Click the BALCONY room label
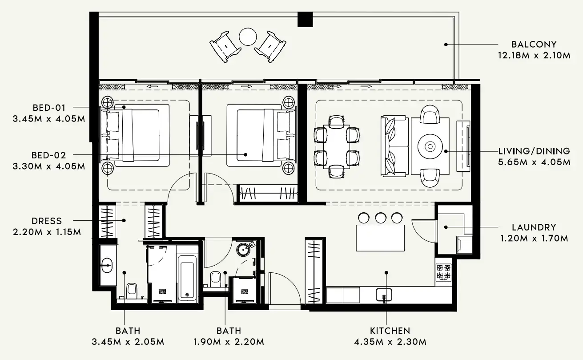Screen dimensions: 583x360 click(x=534, y=44)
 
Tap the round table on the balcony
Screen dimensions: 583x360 click(x=248, y=37)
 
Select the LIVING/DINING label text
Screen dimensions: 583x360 click(x=534, y=151)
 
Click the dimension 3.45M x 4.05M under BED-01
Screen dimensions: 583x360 click(x=49, y=119)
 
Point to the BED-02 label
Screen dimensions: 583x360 click(x=49, y=155)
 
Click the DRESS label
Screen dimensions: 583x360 click(x=47, y=221)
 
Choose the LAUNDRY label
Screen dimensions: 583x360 click(x=534, y=227)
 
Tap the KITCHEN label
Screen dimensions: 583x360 click(x=390, y=331)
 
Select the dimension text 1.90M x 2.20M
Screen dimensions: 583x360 click(x=229, y=342)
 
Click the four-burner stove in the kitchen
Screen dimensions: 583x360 click(x=443, y=272)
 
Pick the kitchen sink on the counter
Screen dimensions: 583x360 click(x=384, y=295)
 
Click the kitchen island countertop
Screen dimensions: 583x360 click(x=380, y=238)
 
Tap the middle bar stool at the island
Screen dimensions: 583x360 click(x=381, y=218)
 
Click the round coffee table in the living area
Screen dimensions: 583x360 click(x=430, y=146)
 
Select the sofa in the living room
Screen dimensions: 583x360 click(x=394, y=146)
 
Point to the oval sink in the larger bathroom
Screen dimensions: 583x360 click(x=107, y=266)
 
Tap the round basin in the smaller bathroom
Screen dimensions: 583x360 click(x=243, y=250)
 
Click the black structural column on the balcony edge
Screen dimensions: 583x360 click(x=305, y=19)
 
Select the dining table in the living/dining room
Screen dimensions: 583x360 click(x=337, y=147)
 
